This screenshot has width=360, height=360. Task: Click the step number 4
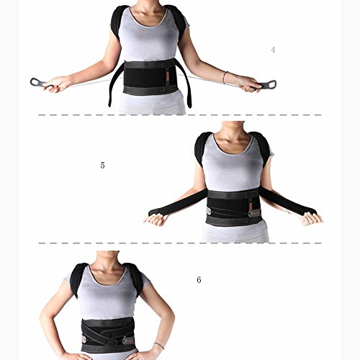click(273, 50)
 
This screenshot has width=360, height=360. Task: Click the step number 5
click(102, 166)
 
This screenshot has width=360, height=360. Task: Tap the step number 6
click(199, 279)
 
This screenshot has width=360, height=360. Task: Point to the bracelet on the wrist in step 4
click(224, 77)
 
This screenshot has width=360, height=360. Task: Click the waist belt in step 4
click(151, 78)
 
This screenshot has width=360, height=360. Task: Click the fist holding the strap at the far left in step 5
click(156, 220)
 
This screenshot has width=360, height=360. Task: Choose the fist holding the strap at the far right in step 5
click(311, 218)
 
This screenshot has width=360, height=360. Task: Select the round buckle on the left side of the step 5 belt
click(210, 212)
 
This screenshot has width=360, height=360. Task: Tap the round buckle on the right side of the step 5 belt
click(251, 214)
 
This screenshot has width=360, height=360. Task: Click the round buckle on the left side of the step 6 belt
click(84, 338)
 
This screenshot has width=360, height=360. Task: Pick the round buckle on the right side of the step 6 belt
click(125, 341)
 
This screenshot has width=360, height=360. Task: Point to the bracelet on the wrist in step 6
click(159, 346)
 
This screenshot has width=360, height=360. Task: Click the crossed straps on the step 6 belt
click(107, 332)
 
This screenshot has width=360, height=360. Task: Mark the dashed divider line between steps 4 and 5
click(180, 115)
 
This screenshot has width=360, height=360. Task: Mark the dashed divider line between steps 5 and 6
click(180, 243)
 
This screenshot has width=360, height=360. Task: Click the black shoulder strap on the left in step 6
click(77, 279)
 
